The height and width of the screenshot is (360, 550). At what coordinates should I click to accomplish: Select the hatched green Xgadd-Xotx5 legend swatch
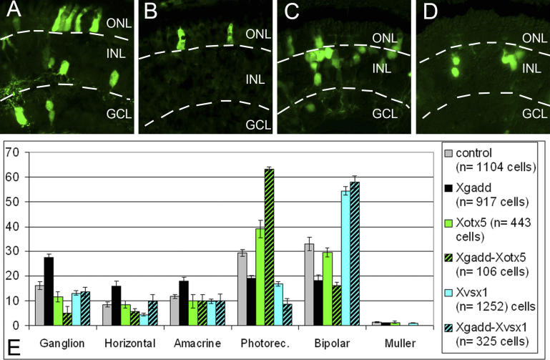448,250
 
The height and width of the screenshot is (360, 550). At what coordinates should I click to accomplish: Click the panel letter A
14,13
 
